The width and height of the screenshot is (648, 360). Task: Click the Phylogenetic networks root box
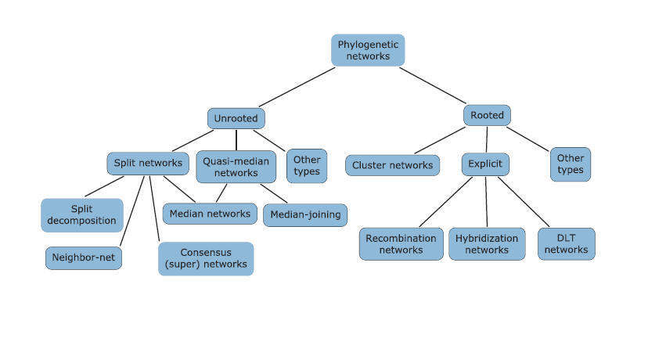click(368, 50)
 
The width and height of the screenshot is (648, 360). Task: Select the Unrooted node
click(236, 119)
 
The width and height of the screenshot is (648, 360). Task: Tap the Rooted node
click(487, 116)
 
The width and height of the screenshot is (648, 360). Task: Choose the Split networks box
click(148, 164)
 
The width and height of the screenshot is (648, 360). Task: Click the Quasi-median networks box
click(236, 167)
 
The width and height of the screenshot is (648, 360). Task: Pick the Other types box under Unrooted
click(307, 166)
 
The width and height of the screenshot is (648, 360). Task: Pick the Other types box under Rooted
click(571, 164)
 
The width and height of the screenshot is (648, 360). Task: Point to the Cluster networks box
click(392, 165)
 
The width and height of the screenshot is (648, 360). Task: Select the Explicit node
click(485, 164)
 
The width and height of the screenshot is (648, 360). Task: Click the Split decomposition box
click(82, 215)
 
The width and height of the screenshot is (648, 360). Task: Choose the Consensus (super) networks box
click(206, 259)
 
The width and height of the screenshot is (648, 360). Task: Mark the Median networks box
click(210, 213)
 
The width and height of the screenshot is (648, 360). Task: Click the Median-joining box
click(304, 214)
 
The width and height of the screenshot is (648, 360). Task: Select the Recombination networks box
click(401, 244)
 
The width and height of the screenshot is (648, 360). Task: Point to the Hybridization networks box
click(487, 244)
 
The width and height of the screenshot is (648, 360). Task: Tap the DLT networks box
click(567, 244)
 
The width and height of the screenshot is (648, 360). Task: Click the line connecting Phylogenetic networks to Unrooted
click(297, 87)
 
